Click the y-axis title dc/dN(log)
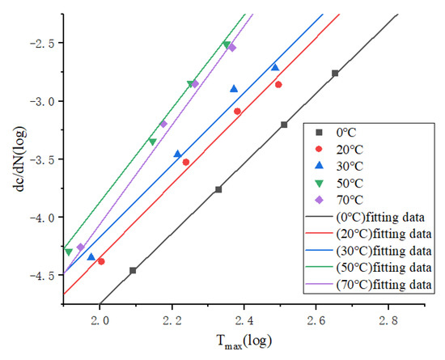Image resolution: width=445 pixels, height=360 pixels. (11, 155)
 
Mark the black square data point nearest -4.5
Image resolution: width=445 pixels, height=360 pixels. (133, 270)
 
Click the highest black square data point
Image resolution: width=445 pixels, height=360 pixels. (335, 74)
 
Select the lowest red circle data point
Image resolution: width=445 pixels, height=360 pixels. (101, 261)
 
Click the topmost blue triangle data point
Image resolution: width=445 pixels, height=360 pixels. (275, 68)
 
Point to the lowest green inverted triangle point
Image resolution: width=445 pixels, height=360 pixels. (69, 252)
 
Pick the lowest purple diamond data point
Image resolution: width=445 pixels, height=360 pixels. (80, 247)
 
